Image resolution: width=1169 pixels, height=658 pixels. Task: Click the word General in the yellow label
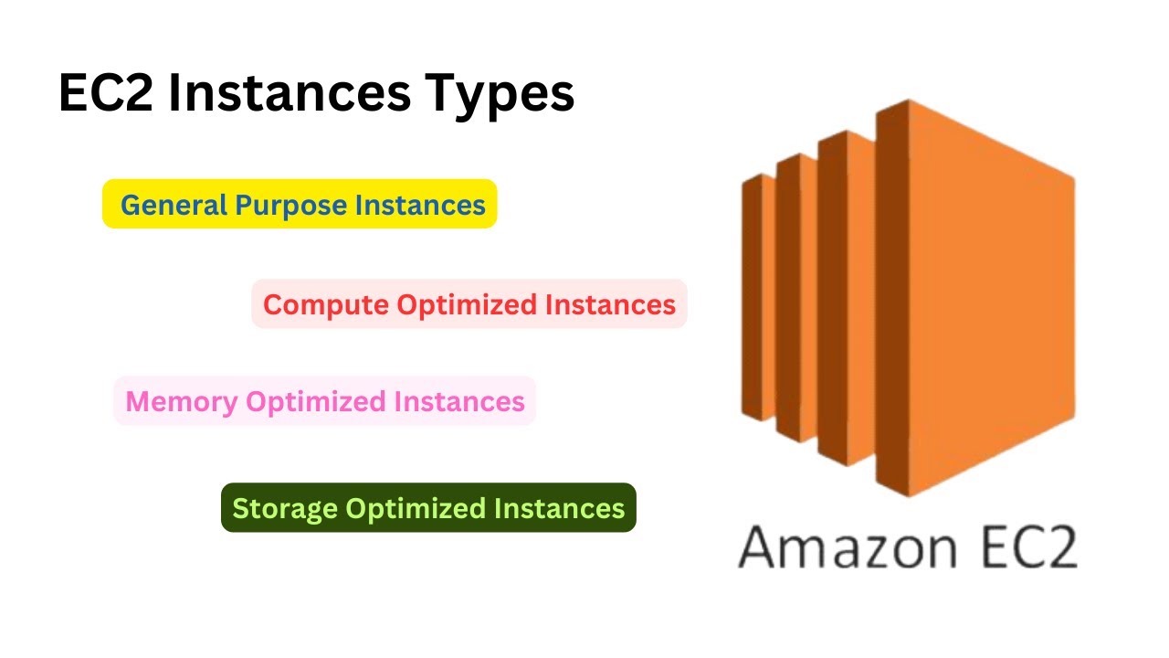point(174,205)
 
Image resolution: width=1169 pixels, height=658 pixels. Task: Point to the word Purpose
point(291,206)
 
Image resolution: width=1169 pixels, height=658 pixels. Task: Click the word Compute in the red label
point(325,305)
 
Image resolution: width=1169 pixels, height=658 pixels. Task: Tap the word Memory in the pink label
point(182,401)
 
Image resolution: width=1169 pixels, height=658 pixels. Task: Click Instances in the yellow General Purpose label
point(420,205)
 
